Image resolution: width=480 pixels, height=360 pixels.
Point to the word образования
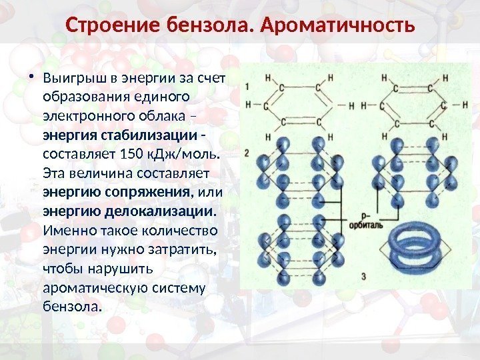pyautogui.click(x=79, y=97)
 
